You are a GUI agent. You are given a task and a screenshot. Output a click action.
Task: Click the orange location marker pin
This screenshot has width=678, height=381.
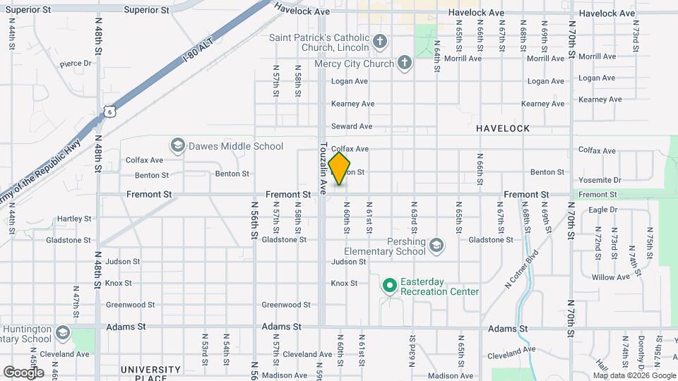point(340,169)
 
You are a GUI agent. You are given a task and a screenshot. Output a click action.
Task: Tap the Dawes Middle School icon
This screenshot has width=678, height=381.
point(177,146)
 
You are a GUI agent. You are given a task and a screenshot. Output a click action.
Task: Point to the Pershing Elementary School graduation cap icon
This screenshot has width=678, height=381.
point(436,245)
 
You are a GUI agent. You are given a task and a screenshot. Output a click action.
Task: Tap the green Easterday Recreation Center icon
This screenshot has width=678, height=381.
point(389,286)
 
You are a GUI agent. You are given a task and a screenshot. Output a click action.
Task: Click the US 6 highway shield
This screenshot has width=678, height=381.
point(108,111)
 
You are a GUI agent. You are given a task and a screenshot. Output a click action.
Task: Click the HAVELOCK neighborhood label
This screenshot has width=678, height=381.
point(502,128)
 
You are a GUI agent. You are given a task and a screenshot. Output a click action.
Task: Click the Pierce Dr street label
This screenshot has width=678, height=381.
point(76,64)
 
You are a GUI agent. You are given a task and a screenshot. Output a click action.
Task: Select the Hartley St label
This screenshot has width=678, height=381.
point(74,219)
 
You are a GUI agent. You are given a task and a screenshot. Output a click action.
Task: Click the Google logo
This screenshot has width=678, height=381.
point(23,373)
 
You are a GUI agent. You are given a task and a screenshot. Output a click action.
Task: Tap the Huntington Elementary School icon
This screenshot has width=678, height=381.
point(63,333)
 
